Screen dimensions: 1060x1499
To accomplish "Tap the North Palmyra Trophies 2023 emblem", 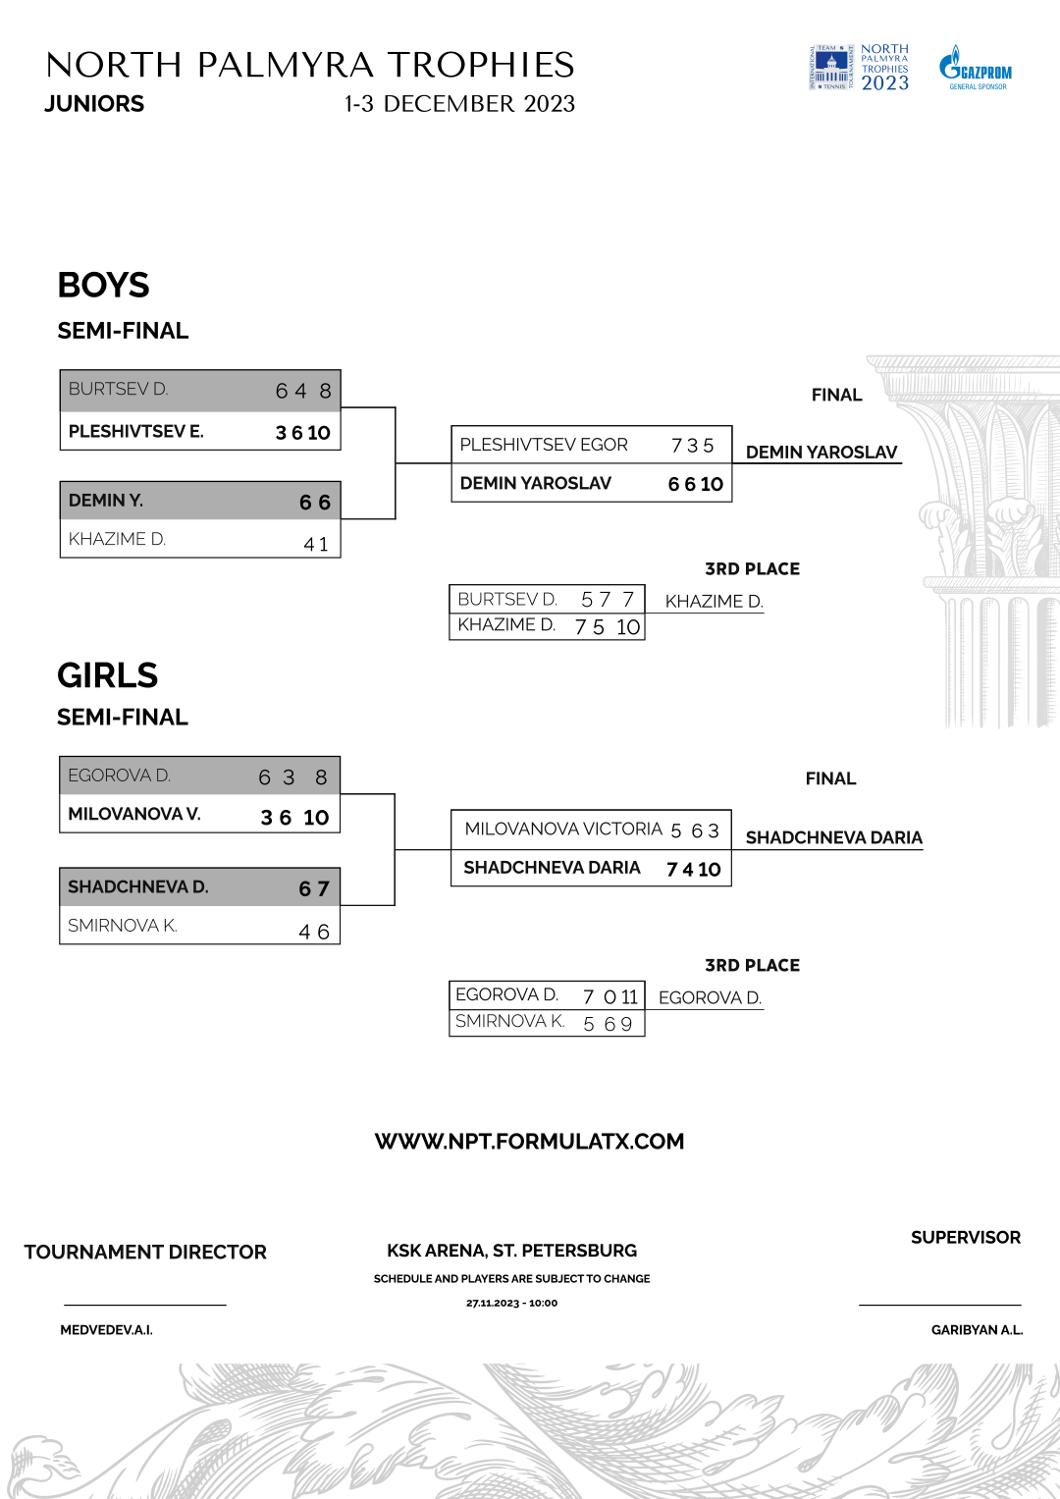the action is (x=859, y=68).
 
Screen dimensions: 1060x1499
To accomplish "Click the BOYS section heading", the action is (x=103, y=286).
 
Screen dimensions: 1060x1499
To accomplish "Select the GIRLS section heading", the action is (x=107, y=676).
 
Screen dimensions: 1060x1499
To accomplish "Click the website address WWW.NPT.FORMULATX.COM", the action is (x=529, y=1142).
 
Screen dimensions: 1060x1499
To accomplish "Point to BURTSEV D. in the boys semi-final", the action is (x=118, y=390).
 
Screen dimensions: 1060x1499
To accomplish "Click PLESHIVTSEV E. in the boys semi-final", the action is (x=135, y=432).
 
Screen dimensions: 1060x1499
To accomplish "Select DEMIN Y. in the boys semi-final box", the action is (x=106, y=501).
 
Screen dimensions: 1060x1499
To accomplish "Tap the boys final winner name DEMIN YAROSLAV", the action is (x=821, y=453).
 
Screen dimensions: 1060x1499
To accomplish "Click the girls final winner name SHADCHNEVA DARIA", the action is (x=833, y=838).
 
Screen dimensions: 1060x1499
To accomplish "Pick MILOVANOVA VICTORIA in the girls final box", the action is (x=563, y=830).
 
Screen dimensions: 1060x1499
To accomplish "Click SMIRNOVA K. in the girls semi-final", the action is (x=123, y=926).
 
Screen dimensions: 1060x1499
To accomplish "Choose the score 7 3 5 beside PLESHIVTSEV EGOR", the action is (x=692, y=446).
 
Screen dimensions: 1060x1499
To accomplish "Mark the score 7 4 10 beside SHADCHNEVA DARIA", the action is (x=693, y=870).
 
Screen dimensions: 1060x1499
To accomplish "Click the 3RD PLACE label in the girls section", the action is (x=752, y=966).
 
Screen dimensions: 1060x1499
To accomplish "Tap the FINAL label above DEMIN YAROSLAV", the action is (x=836, y=396).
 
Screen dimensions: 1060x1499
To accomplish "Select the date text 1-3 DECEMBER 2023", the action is (x=459, y=104).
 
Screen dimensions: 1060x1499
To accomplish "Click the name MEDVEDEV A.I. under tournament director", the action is (x=106, y=1330).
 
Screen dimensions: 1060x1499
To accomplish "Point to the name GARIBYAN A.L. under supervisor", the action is (x=977, y=1330).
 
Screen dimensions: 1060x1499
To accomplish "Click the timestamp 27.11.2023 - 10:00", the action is (x=511, y=1304).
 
